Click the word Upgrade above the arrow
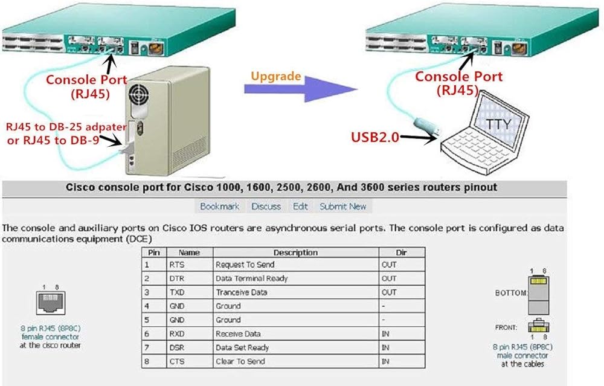275,77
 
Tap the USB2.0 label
375,137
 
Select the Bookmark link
220,207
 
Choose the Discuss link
266,207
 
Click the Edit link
300,207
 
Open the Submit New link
343,207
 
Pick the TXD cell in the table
177,292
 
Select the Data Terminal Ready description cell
251,278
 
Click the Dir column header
401,253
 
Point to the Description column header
295,253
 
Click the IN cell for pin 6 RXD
387,334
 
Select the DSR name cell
177,348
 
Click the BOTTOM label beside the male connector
511,292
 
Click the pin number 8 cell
147,362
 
